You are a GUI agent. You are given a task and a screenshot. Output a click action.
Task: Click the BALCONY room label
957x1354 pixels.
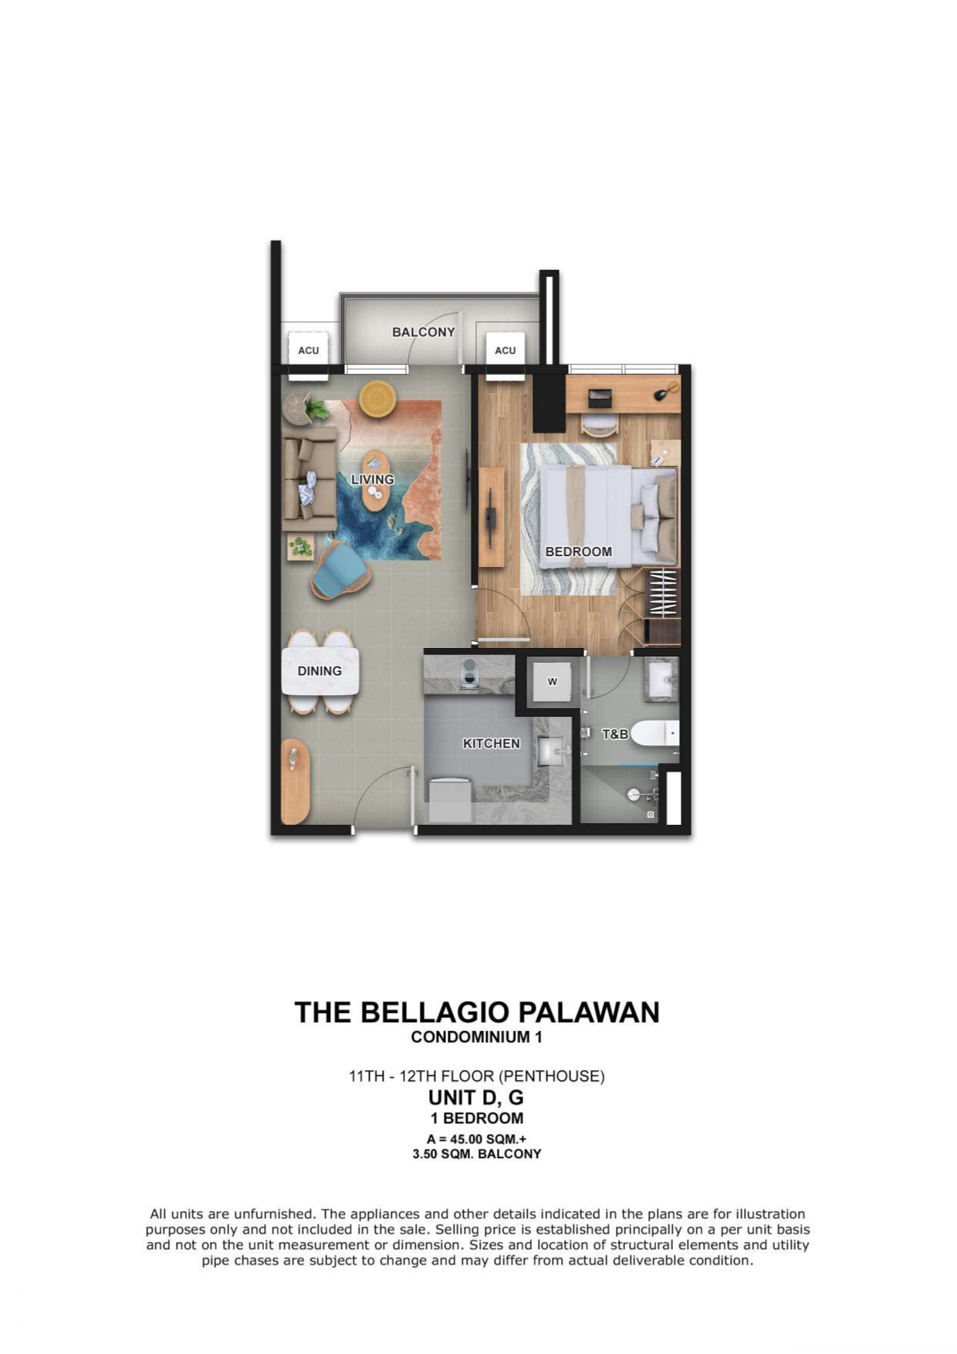coord(423,332)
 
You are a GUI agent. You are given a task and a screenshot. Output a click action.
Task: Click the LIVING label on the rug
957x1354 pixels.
coord(373,479)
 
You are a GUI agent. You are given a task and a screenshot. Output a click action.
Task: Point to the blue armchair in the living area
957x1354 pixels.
coord(340,570)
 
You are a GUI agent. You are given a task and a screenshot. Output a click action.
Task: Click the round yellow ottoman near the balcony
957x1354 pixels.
coord(377,399)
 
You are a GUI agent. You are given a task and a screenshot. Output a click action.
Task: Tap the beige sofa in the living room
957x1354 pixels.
coord(309,478)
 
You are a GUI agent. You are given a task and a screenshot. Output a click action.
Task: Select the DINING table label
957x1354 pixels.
coord(320,670)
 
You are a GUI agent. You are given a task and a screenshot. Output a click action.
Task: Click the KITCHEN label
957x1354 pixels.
coord(491,743)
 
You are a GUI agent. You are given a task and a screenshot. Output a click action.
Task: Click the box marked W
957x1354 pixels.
coord(552,681)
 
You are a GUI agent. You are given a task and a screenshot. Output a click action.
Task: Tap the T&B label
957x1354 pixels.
coord(614,734)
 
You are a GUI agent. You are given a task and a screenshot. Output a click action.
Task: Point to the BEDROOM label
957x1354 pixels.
coord(578,552)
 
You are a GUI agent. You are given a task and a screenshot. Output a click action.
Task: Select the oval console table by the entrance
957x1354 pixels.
coord(295,782)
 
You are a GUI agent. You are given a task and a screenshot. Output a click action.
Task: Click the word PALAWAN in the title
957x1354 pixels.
coord(589,1012)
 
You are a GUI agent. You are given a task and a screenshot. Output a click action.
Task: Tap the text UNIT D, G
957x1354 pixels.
coord(476,1096)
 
